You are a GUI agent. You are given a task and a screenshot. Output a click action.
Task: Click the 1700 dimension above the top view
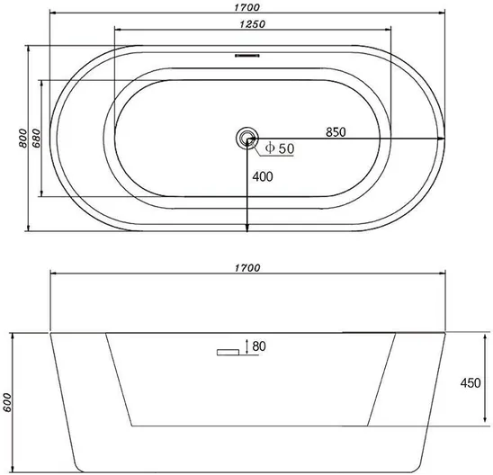coord(247,7)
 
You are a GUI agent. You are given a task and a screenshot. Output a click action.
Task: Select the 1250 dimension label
coord(253,24)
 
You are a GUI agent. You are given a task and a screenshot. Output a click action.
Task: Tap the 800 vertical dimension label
coord(23,138)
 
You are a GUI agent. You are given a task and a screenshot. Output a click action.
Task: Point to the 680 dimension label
coord(36,138)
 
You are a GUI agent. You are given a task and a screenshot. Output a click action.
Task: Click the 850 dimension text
coord(336,132)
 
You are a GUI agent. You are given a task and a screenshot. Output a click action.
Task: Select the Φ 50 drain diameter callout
coord(280,148)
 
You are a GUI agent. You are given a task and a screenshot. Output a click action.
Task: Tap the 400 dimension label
coord(263,176)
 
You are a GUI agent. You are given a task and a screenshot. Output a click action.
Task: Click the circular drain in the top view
coord(247,139)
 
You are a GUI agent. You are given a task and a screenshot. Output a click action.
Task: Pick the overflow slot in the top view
coord(247,56)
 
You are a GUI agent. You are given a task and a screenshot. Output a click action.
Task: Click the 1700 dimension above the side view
coord(247,268)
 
